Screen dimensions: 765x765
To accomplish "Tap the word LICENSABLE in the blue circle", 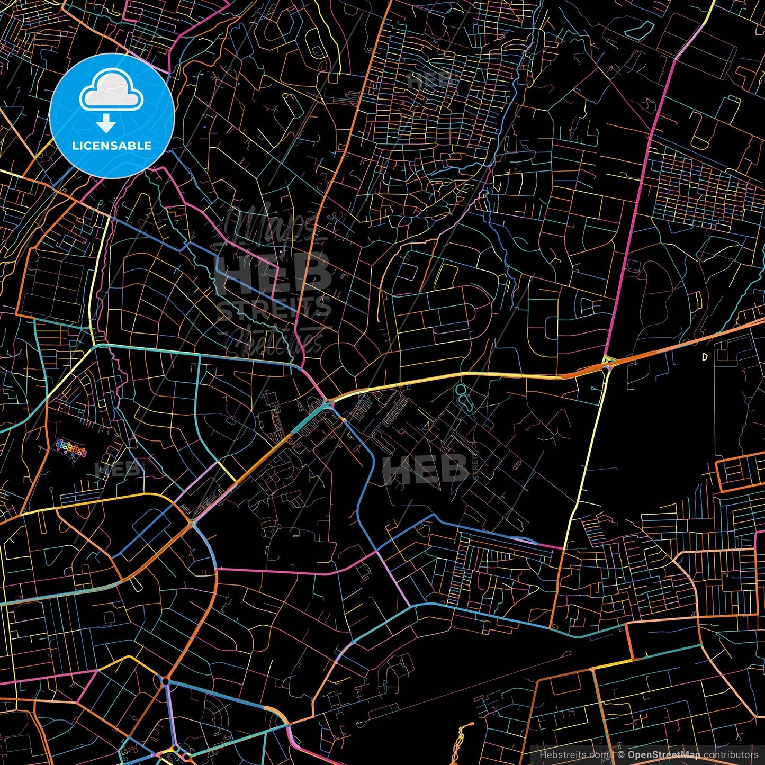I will (112, 146).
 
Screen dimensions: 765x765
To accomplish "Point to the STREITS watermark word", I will (274, 309).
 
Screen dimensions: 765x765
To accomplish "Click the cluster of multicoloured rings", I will (71, 447).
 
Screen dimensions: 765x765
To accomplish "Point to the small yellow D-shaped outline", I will (705, 357).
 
